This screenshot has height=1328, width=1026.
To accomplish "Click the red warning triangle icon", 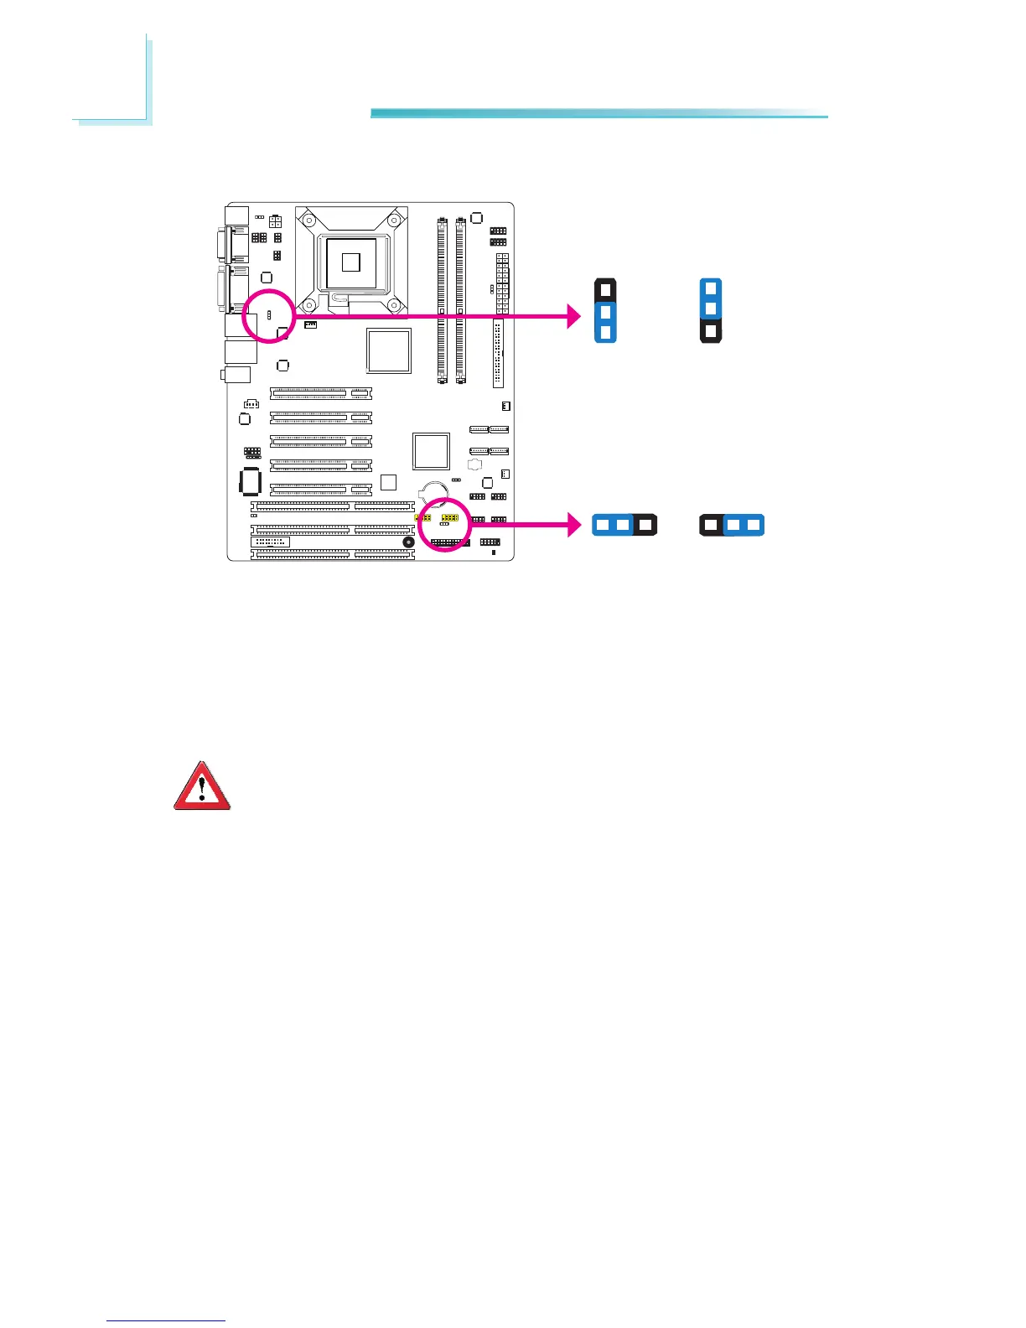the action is [202, 786].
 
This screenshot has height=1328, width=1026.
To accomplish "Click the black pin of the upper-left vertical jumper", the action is [605, 290].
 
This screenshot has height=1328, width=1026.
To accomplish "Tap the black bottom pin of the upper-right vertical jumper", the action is [711, 331].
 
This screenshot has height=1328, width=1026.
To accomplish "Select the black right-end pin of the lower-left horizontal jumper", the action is [644, 526].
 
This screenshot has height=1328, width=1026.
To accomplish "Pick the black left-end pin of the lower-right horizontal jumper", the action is [712, 526].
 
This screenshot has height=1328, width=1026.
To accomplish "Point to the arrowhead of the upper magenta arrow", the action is [573, 316].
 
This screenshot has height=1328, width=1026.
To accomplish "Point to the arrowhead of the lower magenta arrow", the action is [573, 526].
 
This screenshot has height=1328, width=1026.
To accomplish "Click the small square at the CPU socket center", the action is [351, 262].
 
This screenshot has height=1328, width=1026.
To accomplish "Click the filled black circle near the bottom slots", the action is [408, 542].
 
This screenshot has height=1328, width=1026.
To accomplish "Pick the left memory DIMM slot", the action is [442, 300].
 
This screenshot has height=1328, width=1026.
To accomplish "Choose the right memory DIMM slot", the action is [461, 300].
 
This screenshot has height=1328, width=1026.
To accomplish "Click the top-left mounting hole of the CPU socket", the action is [310, 222].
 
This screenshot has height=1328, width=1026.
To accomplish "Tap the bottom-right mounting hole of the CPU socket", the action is [392, 305].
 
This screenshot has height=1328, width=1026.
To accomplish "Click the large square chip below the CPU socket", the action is [389, 350].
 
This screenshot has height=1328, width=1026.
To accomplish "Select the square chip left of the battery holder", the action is [387, 482].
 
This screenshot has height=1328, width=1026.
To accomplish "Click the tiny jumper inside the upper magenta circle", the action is [267, 315].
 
